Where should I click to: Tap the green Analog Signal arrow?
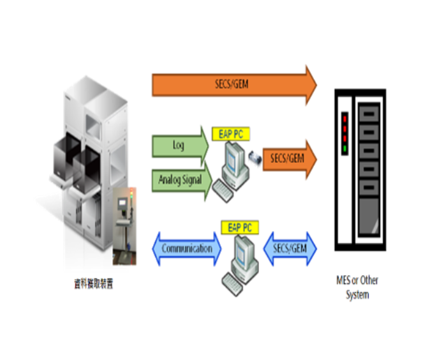coord(181,180)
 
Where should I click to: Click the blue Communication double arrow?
coord(186,248)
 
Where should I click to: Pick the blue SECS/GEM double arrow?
coord(290,248)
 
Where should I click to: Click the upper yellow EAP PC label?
coord(231,134)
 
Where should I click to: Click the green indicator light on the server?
coord(345,150)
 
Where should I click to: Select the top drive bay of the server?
coord(369,114)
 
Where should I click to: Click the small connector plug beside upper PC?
coord(253,156)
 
